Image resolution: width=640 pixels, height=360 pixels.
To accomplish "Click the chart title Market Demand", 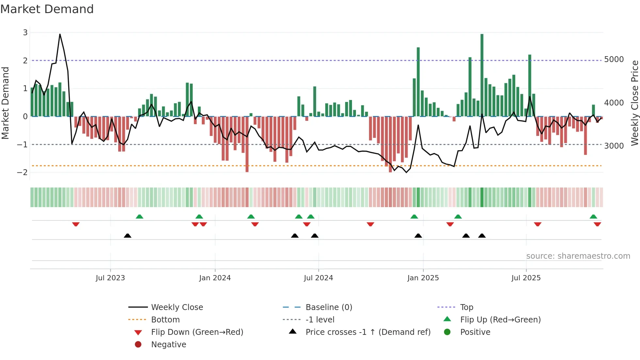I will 47,9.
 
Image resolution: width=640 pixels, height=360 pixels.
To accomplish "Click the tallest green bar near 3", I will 482,75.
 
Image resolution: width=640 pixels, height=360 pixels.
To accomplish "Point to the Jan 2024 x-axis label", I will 215,278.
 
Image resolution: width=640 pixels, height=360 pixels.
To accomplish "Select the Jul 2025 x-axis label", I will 526,278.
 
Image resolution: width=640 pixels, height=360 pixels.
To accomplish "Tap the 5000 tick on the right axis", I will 614,59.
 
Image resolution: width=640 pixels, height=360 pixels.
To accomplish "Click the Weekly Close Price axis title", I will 634,103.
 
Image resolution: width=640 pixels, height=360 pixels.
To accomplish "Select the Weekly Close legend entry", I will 177,307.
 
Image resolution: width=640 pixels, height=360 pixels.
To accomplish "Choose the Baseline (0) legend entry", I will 328,307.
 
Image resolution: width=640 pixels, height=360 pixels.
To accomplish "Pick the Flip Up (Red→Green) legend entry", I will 500,319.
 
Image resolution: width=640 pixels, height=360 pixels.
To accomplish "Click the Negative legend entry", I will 168,344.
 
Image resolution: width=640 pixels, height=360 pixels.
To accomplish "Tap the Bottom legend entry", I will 165,319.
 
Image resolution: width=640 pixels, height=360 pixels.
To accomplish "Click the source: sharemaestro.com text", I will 578,256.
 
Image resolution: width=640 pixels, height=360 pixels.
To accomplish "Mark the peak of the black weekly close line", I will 60,34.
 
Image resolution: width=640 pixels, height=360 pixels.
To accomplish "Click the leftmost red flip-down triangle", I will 76,224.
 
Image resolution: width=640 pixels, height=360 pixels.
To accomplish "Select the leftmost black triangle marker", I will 128,236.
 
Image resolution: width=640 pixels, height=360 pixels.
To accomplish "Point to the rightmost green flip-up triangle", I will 593,217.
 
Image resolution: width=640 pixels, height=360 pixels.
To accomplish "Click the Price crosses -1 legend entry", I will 368,332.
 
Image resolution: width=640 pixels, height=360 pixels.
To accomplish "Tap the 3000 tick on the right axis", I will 614,146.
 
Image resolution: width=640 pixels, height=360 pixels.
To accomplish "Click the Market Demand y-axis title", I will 5,103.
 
